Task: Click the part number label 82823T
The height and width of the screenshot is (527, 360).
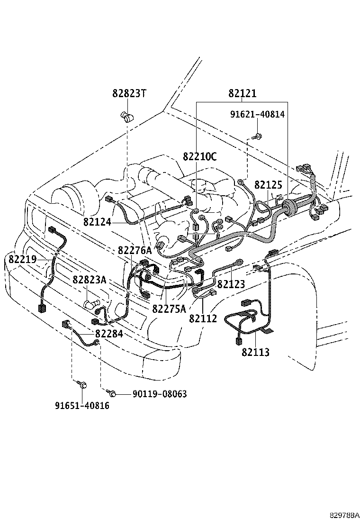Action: [x=129, y=94]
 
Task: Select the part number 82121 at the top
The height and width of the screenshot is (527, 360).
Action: [x=242, y=94]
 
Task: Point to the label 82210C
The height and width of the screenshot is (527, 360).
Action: [x=200, y=157]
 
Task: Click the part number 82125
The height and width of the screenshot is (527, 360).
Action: [x=268, y=185]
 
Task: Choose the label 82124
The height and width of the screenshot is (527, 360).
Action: [x=97, y=222]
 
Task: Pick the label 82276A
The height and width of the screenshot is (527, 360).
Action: [x=135, y=250]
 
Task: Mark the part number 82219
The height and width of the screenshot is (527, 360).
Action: [x=22, y=259]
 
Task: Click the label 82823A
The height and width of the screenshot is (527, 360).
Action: [x=89, y=280]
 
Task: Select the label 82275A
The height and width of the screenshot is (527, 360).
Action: [x=169, y=309]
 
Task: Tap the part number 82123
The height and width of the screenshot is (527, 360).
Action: [x=231, y=284]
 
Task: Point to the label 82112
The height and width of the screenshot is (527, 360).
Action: [x=203, y=318]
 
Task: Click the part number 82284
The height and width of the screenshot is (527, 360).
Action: [x=109, y=334]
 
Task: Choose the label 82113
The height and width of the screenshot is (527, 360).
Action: [x=255, y=352]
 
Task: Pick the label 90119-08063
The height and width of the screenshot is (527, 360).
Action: [x=153, y=394]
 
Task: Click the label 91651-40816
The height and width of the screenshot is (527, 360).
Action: [x=81, y=406]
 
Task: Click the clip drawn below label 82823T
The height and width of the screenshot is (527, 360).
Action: [x=126, y=116]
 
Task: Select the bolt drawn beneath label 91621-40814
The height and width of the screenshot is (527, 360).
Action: [x=257, y=136]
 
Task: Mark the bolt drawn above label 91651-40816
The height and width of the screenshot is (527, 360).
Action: [x=81, y=384]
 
